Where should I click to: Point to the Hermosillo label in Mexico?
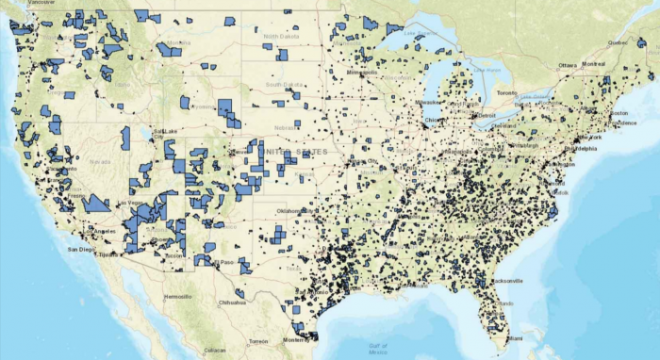[x=176, y=296]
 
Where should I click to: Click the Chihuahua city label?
[x=230, y=303]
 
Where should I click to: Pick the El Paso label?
[x=223, y=261]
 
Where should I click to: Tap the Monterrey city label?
[x=297, y=339]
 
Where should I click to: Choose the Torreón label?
[x=257, y=340]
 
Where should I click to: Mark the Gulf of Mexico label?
[x=378, y=347]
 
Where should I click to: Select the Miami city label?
[x=515, y=337]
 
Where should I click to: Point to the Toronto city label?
[x=508, y=93]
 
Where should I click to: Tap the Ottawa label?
[x=567, y=64]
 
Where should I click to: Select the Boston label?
[x=619, y=114]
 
